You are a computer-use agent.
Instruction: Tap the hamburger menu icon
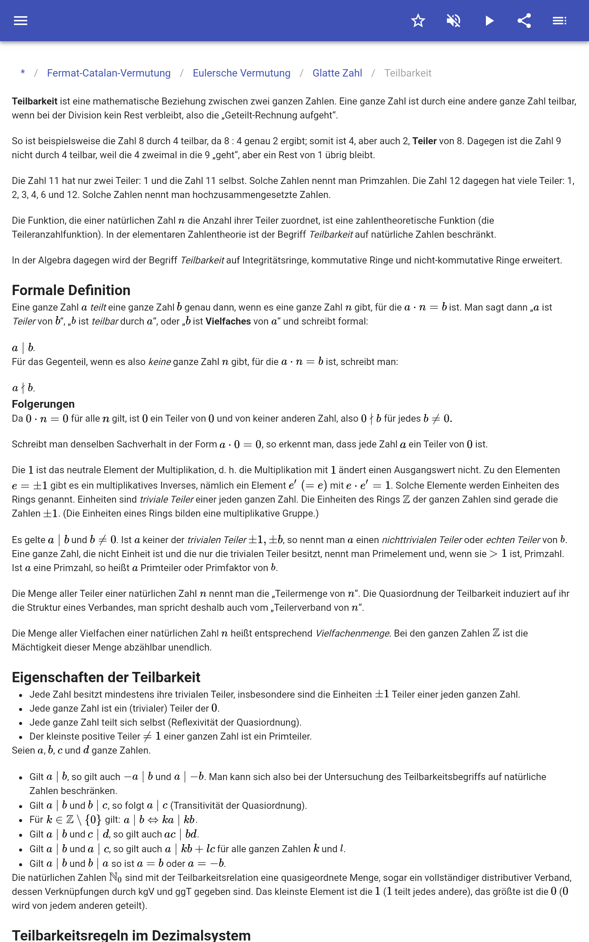click(21, 21)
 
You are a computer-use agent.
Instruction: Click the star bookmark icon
click(418, 21)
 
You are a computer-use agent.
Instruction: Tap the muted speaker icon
click(454, 21)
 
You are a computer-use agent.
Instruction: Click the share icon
click(524, 21)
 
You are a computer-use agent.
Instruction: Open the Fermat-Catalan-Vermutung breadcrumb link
click(109, 73)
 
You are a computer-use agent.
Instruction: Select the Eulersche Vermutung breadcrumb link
click(241, 73)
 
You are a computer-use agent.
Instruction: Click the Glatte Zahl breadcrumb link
click(337, 73)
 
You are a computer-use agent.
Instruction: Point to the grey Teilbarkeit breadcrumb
click(408, 73)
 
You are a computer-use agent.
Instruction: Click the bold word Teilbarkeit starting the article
click(35, 102)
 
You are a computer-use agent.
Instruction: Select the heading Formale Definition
click(71, 290)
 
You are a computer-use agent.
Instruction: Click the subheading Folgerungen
click(43, 404)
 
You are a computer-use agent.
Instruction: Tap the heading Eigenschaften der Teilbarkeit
click(106, 677)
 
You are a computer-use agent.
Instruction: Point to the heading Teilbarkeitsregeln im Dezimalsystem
click(131, 935)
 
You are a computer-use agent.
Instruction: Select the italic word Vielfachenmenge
click(352, 633)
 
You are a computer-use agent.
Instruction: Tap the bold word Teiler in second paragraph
click(424, 141)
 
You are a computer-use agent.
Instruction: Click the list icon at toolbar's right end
click(560, 21)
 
